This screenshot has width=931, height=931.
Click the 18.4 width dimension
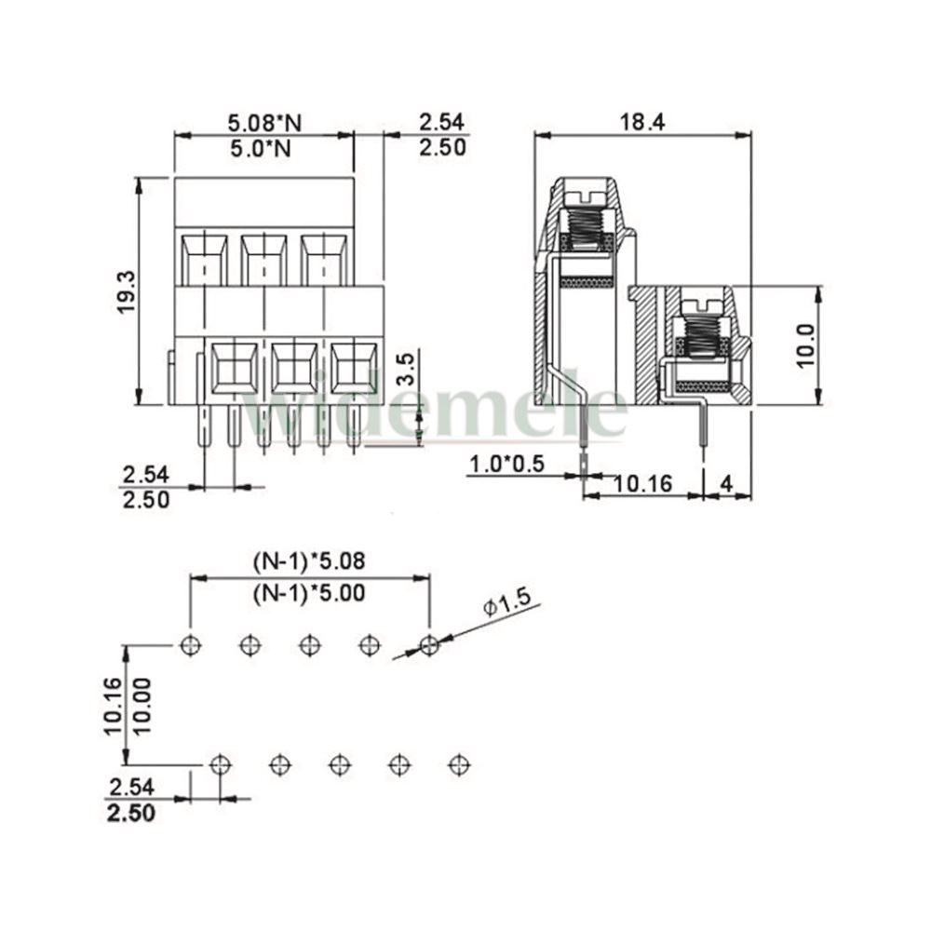[642, 122]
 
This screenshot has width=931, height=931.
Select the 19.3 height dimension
[127, 292]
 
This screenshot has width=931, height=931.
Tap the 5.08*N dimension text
[264, 123]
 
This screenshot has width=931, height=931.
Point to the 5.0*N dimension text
[261, 148]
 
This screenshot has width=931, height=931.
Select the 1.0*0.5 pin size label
[507, 463]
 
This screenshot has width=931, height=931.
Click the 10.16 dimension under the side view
[642, 484]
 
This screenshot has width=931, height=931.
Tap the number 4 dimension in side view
[726, 484]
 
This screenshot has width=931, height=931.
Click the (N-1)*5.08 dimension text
[309, 560]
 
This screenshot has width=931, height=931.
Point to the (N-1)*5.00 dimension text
[309, 592]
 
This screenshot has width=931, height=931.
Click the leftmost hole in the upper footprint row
[190, 644]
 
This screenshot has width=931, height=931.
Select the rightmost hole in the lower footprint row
[458, 764]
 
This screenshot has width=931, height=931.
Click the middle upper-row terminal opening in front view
[263, 260]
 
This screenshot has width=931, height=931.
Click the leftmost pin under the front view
[204, 426]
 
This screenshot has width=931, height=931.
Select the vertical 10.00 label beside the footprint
[142, 707]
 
